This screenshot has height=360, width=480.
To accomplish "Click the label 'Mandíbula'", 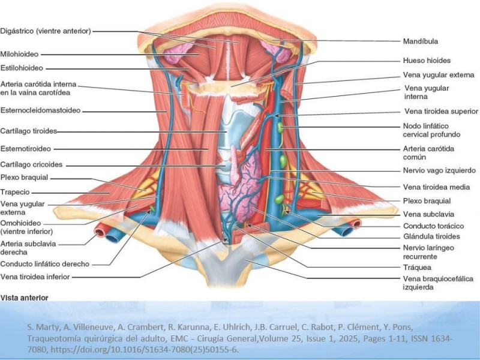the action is click(421, 41).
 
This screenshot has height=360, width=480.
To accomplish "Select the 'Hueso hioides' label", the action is click(427, 61).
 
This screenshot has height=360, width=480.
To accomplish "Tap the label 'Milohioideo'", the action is click(19, 54).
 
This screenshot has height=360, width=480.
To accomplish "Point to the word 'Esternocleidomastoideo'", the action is click(40, 110).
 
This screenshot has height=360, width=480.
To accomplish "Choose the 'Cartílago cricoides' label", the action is click(31, 164).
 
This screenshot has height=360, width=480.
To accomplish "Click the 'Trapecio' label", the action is click(15, 192).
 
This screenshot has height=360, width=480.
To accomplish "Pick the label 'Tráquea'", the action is click(417, 268).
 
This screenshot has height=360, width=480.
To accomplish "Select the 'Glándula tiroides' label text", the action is click(431, 236).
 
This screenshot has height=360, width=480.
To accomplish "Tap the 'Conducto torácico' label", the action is click(433, 226).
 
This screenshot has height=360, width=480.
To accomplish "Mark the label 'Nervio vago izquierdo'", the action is click(439, 170).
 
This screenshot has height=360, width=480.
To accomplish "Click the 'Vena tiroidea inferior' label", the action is click(35, 277).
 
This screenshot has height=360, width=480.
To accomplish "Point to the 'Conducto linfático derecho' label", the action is click(44, 264).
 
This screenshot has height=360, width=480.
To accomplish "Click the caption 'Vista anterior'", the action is click(24, 298).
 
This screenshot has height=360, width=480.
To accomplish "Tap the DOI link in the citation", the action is click(144, 350).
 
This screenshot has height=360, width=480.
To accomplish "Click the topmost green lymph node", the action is click(280, 127).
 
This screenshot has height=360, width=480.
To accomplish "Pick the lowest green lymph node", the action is click(279, 199).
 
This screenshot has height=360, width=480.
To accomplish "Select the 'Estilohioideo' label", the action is click(22, 68).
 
